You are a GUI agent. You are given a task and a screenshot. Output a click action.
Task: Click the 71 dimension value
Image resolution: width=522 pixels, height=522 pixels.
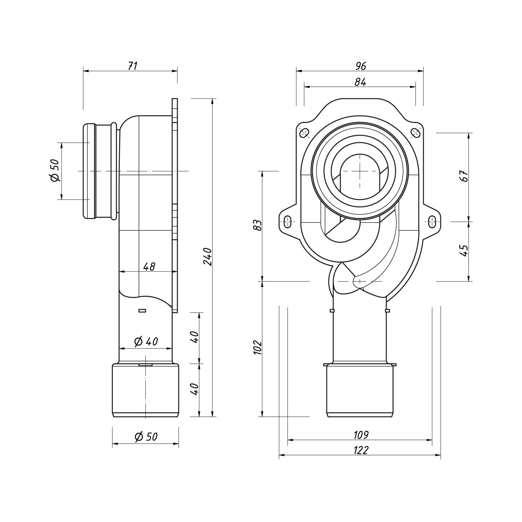point(133,66)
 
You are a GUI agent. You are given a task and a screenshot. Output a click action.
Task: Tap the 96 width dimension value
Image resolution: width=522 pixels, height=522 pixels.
point(360,66)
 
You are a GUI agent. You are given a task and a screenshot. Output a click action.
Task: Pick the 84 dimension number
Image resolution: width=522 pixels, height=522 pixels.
point(360,82)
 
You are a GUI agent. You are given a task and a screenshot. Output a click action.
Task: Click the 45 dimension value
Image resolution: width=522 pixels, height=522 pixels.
point(464,251)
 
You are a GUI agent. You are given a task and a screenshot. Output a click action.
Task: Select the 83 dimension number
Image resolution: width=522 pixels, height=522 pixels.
point(258,225)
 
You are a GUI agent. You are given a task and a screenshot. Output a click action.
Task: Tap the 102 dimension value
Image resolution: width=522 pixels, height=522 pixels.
point(258,348)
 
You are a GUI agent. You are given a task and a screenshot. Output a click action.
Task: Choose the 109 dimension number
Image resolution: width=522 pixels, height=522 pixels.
point(361,435)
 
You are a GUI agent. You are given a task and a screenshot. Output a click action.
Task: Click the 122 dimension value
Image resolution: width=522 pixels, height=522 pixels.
point(361,450)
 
